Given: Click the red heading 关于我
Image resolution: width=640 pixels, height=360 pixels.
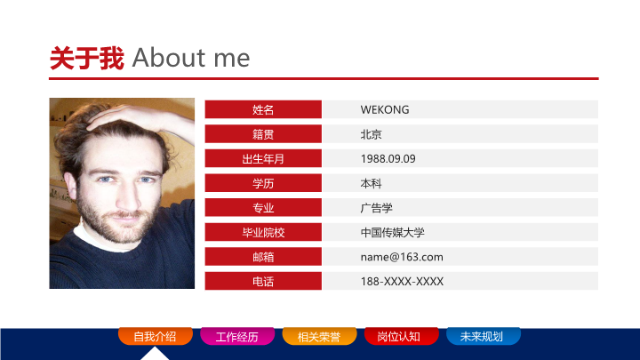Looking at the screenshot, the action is pos(87,59).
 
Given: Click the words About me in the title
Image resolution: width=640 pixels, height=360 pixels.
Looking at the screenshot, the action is pos(191,58).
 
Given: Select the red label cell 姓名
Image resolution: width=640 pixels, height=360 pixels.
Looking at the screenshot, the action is pos(263,109).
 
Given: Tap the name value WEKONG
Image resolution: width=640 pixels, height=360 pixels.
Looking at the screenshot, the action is pos(385,110).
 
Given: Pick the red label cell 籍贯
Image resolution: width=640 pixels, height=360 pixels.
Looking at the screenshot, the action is pos(263,134).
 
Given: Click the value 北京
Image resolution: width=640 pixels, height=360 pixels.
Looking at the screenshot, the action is pos(371,134).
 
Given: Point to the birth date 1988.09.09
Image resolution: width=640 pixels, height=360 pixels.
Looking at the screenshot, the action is pos(388,159).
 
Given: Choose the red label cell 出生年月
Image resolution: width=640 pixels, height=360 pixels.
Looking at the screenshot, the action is pos(263,158).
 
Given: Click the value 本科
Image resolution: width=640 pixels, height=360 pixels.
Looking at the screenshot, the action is pos(371,184).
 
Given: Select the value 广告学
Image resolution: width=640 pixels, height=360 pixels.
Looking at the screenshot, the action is pos(376,208).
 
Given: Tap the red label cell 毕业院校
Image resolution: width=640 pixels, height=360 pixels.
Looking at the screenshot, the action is pos(263,232).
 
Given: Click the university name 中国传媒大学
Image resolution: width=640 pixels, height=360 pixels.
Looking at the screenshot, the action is pos(392,233).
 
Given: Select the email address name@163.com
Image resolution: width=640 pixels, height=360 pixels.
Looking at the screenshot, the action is pos(402,257).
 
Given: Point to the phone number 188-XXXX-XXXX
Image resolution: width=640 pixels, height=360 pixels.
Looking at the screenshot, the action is pos(402,281).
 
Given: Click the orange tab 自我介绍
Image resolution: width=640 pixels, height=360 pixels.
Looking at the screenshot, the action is pos(155,336).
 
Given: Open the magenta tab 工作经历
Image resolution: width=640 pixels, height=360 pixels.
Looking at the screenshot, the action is pos(237,336).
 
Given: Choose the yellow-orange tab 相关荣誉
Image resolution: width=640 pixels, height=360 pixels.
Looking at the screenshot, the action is pos(319,336).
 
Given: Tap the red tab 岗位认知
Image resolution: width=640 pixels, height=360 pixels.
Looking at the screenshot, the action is pos(401,336).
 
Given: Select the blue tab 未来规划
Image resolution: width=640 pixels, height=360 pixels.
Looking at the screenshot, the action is pos(484,336).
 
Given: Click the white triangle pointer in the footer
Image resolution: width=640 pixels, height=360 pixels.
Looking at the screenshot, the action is pos(155,355).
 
